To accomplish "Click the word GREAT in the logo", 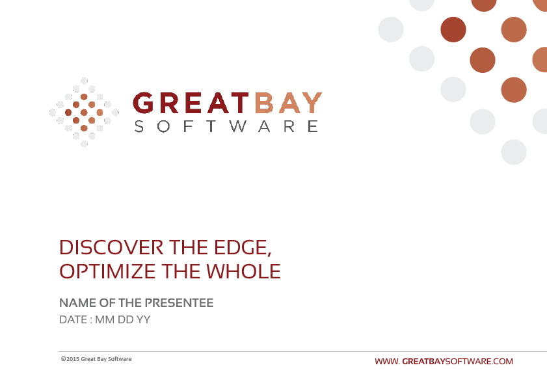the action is [x=191, y=103].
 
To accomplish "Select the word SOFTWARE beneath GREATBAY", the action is [x=226, y=126].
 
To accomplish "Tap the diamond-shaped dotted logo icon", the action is [x=84, y=113].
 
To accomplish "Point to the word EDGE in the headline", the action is [x=243, y=248].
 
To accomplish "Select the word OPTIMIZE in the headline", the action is [x=107, y=271].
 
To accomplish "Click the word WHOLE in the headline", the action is [x=243, y=271].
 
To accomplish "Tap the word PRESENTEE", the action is [x=179, y=303].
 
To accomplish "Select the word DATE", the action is [x=73, y=319].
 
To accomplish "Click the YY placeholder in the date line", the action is [x=143, y=319].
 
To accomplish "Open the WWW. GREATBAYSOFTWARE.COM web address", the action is [x=444, y=362].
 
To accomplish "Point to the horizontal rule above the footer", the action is [x=303, y=351].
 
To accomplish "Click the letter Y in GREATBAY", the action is [x=313, y=103].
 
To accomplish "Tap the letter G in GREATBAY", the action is [x=143, y=103].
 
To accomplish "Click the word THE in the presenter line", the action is [x=130, y=303].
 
